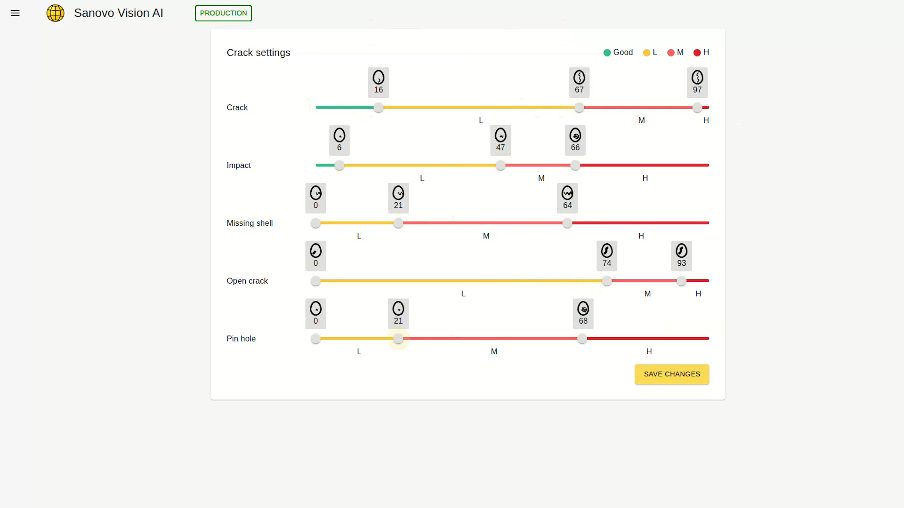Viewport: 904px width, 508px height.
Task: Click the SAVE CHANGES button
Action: pyautogui.click(x=671, y=374)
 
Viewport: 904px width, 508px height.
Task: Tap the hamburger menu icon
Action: pyautogui.click(x=15, y=13)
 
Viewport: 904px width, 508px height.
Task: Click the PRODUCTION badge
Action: pyautogui.click(x=223, y=13)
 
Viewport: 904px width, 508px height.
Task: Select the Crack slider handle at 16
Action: pyautogui.click(x=379, y=108)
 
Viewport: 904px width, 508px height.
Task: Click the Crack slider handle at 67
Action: pyautogui.click(x=579, y=108)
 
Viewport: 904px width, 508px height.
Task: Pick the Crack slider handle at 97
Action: pyautogui.click(x=697, y=108)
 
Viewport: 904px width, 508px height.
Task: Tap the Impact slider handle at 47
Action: pyautogui.click(x=500, y=166)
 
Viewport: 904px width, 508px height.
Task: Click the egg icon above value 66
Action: pyautogui.click(x=575, y=135)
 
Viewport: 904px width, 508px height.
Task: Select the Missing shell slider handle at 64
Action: pyautogui.click(x=567, y=223)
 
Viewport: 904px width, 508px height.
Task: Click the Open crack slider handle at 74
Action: pyautogui.click(x=607, y=281)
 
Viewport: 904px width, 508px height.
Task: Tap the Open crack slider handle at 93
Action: pyautogui.click(x=681, y=281)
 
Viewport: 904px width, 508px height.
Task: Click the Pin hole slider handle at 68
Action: pyautogui.click(x=582, y=339)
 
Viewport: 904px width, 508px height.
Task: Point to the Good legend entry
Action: pyautogui.click(x=618, y=52)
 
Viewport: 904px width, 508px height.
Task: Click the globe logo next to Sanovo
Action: pyautogui.click(x=56, y=13)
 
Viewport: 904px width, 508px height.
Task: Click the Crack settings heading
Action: pyautogui.click(x=258, y=53)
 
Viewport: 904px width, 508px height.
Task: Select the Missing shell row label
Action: pyautogui.click(x=250, y=223)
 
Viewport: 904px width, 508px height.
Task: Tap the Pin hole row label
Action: pyautogui.click(x=241, y=339)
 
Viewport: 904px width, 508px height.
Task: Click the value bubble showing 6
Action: pyautogui.click(x=339, y=141)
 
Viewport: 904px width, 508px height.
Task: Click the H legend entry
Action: pyautogui.click(x=702, y=52)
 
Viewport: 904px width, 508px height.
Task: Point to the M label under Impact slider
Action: pyautogui.click(x=541, y=178)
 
